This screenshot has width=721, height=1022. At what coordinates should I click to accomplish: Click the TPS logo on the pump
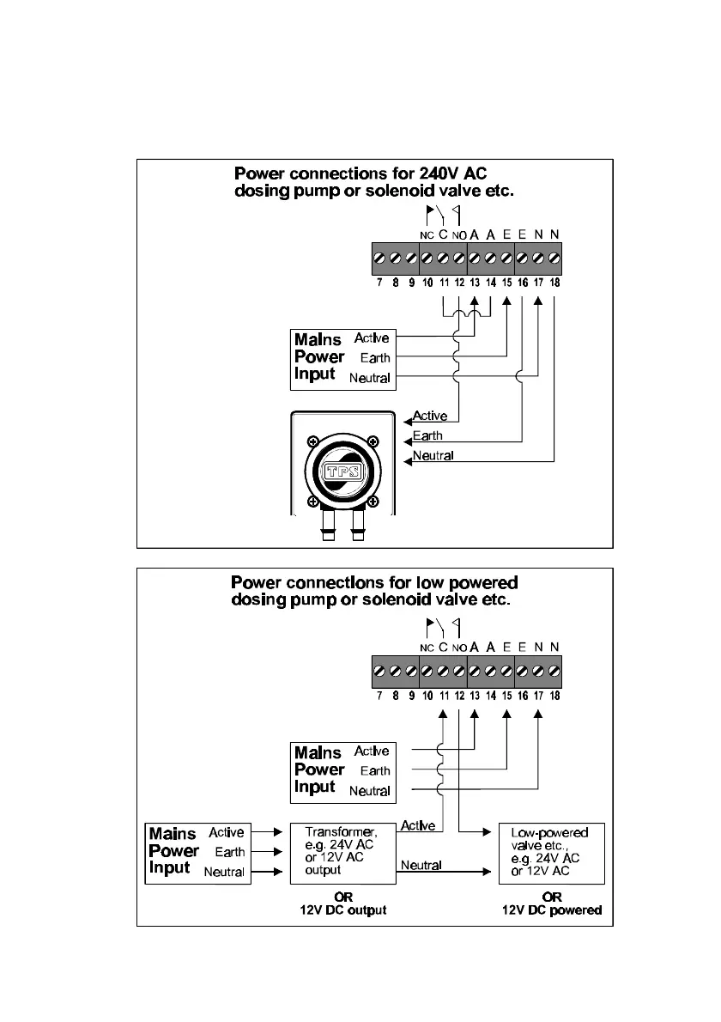tap(343, 471)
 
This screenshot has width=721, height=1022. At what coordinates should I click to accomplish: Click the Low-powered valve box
tap(552, 853)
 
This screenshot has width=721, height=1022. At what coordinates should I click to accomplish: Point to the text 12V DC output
tap(342, 910)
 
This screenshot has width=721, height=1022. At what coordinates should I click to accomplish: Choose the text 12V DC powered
tap(552, 910)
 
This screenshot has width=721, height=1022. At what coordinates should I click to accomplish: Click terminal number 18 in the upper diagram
tap(555, 282)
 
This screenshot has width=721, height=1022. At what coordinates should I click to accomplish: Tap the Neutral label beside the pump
tap(433, 455)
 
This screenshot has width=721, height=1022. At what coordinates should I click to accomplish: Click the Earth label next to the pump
tap(427, 435)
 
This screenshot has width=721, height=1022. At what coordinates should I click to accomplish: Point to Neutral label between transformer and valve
tap(421, 866)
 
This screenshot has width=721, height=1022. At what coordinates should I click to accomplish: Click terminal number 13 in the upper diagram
tap(475, 282)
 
